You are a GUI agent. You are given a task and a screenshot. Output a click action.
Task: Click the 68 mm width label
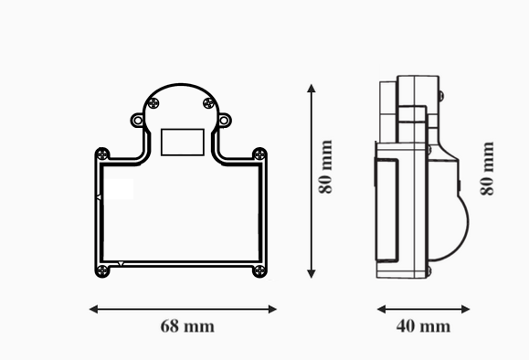point(187,326)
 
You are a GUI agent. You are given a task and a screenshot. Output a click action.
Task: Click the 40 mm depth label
point(423,326)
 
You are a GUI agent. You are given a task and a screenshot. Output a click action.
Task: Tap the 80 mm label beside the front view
point(325,166)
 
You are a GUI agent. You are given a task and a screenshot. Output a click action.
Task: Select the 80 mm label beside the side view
point(487,168)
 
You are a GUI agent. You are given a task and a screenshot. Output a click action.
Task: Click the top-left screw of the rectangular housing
point(102,154)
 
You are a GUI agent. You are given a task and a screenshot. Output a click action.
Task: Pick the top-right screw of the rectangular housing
point(259,154)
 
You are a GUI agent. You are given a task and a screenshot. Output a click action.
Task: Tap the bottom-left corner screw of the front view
point(102,270)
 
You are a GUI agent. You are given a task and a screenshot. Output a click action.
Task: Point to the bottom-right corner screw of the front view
point(259,270)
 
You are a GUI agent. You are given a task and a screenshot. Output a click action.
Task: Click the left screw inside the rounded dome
point(153,103)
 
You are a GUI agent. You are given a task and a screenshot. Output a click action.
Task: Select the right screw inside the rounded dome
point(209,103)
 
